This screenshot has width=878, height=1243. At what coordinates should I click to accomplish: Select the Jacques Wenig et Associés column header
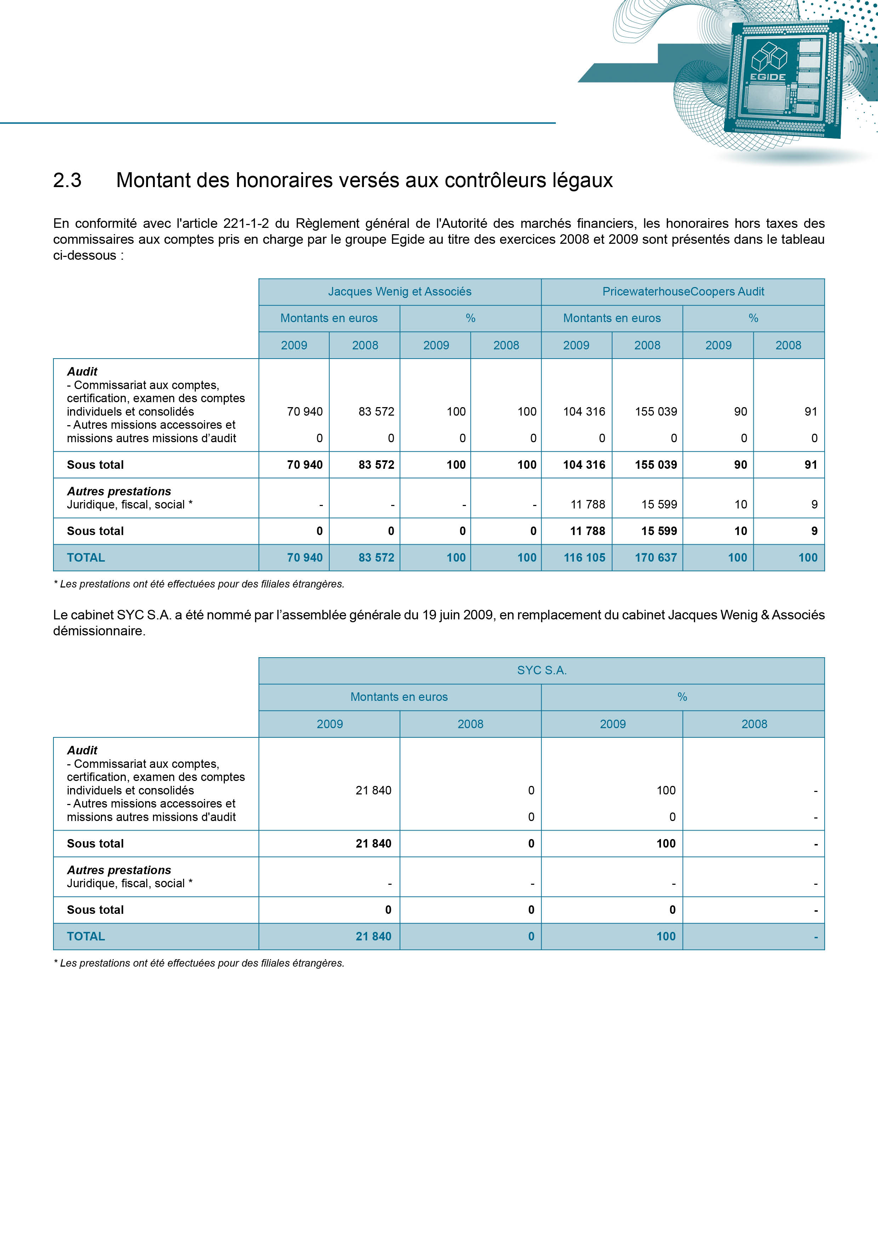[x=399, y=292]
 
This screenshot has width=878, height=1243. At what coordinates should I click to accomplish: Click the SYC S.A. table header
[x=542, y=670]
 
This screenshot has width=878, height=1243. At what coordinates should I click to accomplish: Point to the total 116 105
[x=584, y=558]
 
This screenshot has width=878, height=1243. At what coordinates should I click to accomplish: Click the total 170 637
[x=656, y=558]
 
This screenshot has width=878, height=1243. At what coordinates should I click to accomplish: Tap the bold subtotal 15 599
[x=659, y=531]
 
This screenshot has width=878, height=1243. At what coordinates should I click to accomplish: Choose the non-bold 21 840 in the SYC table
[x=373, y=791]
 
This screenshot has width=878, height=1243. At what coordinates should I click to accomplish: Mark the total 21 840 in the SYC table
[x=373, y=937]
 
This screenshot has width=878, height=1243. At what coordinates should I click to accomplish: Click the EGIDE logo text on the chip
[x=768, y=77]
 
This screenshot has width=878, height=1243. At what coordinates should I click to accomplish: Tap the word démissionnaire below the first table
[x=99, y=631]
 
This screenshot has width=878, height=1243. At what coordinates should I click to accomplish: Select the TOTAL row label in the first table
[x=86, y=558]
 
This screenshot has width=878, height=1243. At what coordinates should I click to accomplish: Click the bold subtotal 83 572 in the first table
[x=376, y=465]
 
